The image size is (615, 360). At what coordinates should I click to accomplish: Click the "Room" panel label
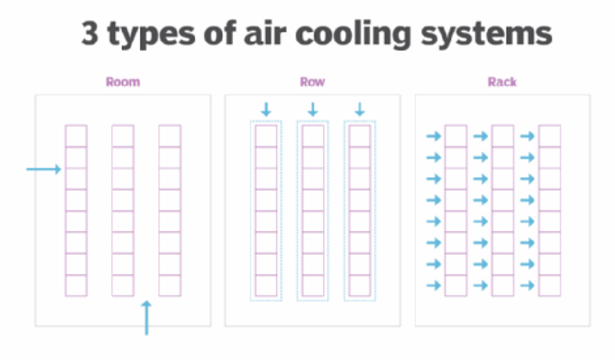point(123,81)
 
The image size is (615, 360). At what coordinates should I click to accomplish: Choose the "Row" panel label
point(312,81)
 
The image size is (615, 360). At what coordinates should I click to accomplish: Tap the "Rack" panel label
point(502,81)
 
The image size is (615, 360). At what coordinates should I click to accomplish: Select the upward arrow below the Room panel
point(146,318)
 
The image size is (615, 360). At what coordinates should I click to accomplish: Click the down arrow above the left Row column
point(266,108)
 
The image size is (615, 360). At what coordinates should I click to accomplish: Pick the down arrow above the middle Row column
point(313,108)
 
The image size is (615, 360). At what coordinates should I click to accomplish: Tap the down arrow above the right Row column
point(360,108)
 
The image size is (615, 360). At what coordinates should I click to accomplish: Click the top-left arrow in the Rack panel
point(433,136)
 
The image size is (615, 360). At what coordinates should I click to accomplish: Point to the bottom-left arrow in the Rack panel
point(433,286)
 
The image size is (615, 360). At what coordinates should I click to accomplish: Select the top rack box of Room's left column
point(76,136)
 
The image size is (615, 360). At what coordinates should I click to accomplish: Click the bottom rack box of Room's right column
point(170,286)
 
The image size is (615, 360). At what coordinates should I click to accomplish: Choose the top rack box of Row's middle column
point(313,136)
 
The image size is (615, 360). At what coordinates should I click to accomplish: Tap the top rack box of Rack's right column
point(549,136)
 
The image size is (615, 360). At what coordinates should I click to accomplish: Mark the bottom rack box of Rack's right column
point(549,286)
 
